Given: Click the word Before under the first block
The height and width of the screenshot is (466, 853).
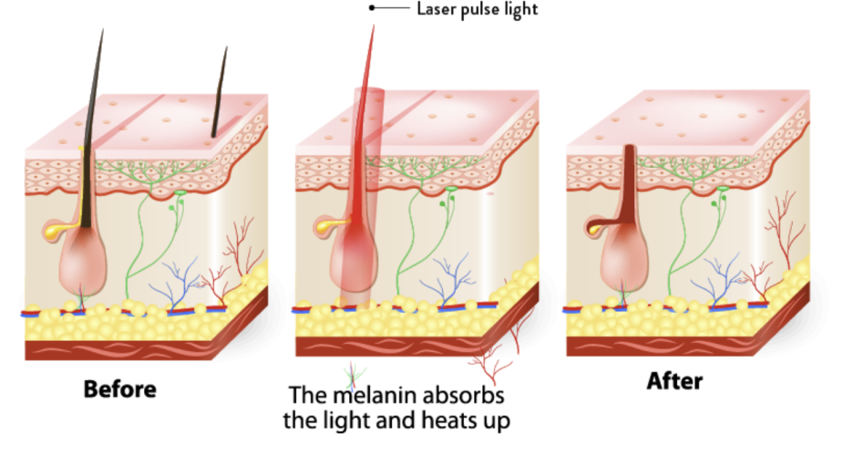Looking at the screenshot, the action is pyautogui.click(x=119, y=389).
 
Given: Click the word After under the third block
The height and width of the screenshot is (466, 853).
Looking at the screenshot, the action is pyautogui.click(x=674, y=381).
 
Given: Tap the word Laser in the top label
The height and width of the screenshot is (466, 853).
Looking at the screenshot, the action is pyautogui.click(x=437, y=9).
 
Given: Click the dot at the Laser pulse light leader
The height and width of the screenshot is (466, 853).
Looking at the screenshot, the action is pyautogui.click(x=372, y=7).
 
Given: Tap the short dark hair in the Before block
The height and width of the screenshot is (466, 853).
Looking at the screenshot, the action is pyautogui.click(x=220, y=91).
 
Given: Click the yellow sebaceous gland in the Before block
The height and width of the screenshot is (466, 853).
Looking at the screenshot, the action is pyautogui.click(x=57, y=230).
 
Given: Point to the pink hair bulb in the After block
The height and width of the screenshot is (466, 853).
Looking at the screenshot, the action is pyautogui.click(x=624, y=260).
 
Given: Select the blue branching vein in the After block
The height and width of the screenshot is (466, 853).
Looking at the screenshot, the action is pyautogui.click(x=717, y=280).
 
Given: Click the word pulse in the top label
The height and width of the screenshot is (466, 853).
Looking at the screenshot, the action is pyautogui.click(x=478, y=10).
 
